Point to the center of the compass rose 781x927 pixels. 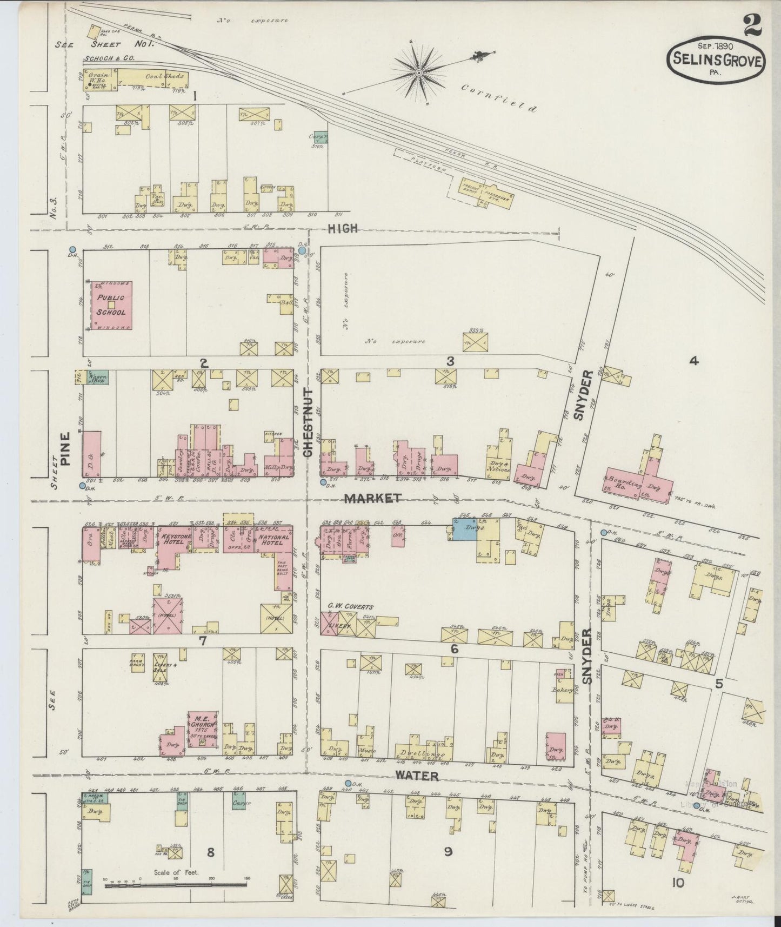418,72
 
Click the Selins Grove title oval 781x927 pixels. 717,61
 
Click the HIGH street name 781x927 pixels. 343,228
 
